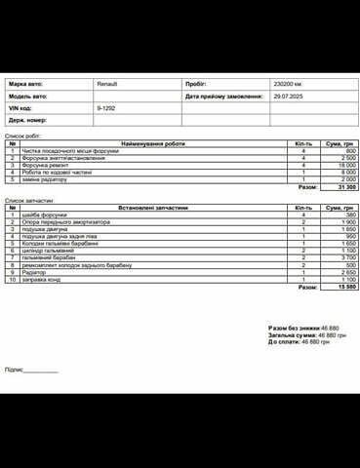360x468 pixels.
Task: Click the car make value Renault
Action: (x=107, y=85)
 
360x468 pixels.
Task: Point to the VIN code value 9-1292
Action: (x=106, y=108)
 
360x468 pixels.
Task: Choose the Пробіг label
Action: (x=195, y=85)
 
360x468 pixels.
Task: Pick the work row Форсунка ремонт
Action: (x=45, y=166)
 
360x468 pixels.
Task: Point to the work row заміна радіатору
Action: (x=45, y=179)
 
